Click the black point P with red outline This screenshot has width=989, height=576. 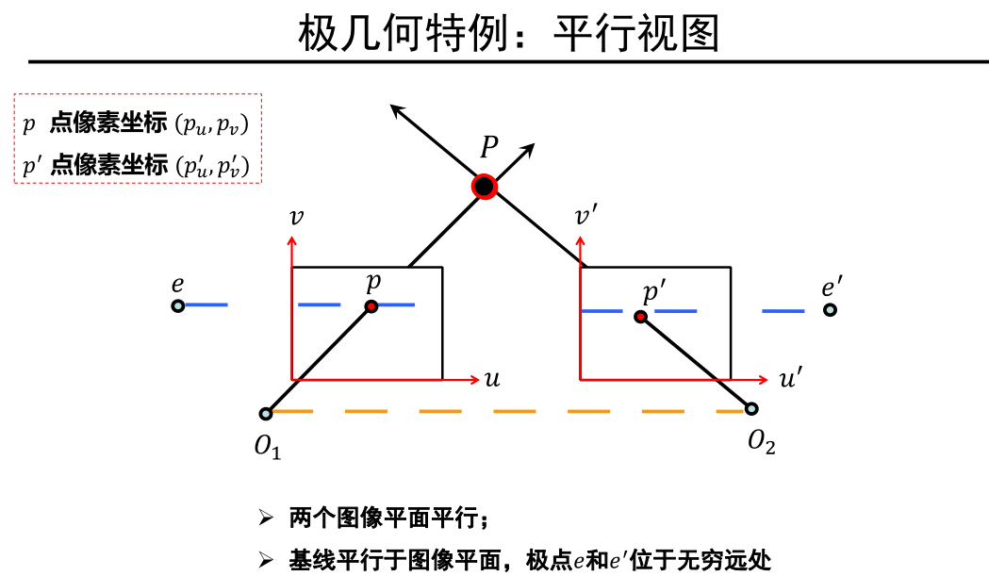485,187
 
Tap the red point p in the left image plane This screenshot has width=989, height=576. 371,306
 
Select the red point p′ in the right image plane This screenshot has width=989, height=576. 641,317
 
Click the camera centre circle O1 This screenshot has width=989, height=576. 266,413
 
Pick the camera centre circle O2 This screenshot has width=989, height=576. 751,408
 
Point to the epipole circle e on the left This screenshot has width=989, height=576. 177,305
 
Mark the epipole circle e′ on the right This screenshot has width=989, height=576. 830,309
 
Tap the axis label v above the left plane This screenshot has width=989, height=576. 297,217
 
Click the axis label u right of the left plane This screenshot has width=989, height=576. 491,379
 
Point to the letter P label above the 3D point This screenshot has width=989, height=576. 488,147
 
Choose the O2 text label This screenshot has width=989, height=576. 762,441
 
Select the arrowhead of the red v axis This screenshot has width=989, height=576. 292,239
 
